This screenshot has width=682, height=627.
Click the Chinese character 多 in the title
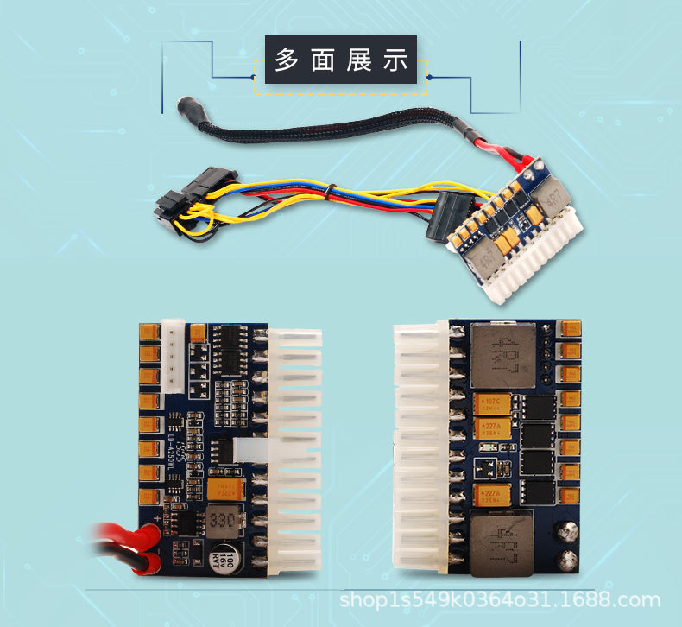click(286, 60)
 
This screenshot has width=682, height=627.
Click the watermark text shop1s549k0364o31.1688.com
click(500, 600)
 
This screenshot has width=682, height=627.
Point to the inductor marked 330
click(220, 521)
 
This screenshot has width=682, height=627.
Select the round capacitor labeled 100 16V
click(218, 556)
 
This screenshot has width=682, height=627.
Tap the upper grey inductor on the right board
click(502, 355)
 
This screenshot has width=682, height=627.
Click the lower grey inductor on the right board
click(502, 543)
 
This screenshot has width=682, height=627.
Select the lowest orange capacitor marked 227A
click(491, 495)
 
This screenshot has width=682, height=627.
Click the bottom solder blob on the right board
click(568, 560)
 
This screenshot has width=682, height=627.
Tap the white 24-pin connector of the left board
click(294, 449)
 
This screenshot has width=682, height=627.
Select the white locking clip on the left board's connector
click(247, 452)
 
